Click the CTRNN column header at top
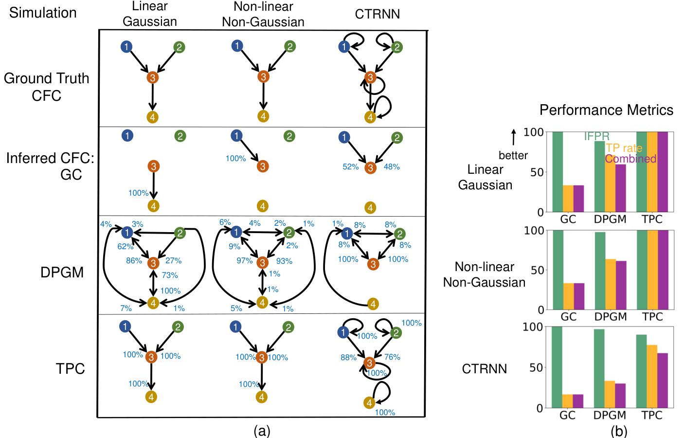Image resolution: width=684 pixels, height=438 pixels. pyautogui.click(x=377, y=14)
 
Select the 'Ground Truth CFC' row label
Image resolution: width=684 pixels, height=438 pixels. pyautogui.click(x=46, y=87)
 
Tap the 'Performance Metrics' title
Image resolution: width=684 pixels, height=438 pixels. pyautogui.click(x=606, y=110)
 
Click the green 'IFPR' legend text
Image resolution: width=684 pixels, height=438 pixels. pyautogui.click(x=596, y=136)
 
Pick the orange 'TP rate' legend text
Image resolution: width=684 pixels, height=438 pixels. pyautogui.click(x=624, y=148)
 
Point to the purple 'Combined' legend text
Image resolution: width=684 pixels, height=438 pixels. pyautogui.click(x=630, y=159)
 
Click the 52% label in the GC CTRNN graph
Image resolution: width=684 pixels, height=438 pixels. pyautogui.click(x=351, y=167)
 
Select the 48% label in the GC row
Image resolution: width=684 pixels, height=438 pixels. pyautogui.click(x=392, y=167)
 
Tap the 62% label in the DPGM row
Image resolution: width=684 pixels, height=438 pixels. pyautogui.click(x=125, y=246)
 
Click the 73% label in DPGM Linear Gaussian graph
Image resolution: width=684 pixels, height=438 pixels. pyautogui.click(x=170, y=275)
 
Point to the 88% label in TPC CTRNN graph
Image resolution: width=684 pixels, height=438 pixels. pyautogui.click(x=348, y=357)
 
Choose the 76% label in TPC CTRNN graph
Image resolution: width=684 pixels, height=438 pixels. pyautogui.click(x=392, y=357)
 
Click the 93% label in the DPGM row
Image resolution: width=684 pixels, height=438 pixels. pyautogui.click(x=284, y=261)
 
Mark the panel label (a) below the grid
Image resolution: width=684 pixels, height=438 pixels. pyautogui.click(x=262, y=431)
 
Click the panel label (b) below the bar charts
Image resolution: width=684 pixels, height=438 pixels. pyautogui.click(x=619, y=431)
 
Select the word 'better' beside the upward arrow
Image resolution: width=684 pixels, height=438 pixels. pyautogui.click(x=513, y=155)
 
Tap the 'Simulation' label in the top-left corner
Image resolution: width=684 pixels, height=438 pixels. pyautogui.click(x=43, y=13)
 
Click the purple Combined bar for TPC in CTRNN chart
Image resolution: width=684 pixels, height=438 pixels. pyautogui.click(x=662, y=381)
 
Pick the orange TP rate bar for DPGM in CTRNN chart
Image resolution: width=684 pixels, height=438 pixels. pyautogui.click(x=610, y=394)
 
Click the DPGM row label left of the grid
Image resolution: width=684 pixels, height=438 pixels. pyautogui.click(x=62, y=273)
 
